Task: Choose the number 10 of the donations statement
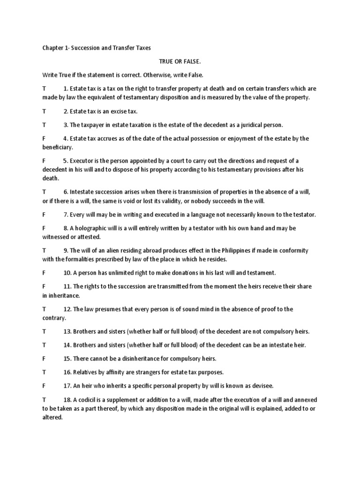(67, 272)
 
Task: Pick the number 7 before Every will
(66, 214)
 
